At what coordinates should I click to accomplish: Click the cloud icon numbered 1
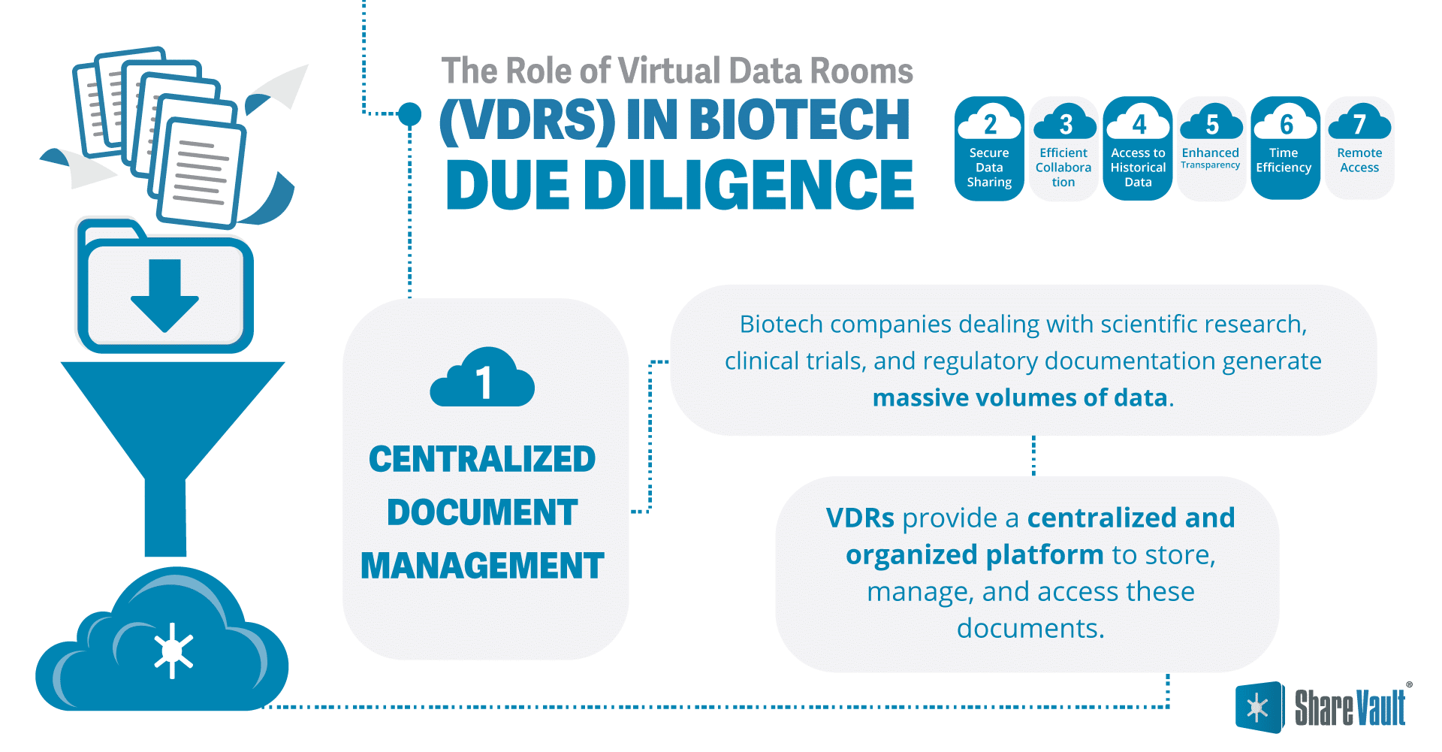[x=482, y=380]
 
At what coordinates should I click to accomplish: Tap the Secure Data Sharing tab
[x=989, y=149]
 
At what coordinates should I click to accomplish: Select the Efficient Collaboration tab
[x=1063, y=149]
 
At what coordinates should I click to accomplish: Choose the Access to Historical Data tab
[x=1138, y=149]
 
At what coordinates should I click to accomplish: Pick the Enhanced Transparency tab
[x=1211, y=149]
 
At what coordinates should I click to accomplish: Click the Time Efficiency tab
[x=1284, y=149]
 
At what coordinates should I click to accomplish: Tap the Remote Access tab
[x=1359, y=149]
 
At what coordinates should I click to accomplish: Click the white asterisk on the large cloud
[x=173, y=651]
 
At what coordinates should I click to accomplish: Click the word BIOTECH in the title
[x=799, y=119]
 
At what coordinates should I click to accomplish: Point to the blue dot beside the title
[x=409, y=114]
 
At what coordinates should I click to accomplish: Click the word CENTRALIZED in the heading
[x=482, y=459]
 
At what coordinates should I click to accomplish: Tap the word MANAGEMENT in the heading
[x=482, y=566]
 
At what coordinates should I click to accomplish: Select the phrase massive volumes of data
[x=1020, y=397]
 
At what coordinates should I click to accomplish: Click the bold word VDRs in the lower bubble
[x=860, y=518]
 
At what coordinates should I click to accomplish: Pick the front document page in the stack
[x=201, y=173]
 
